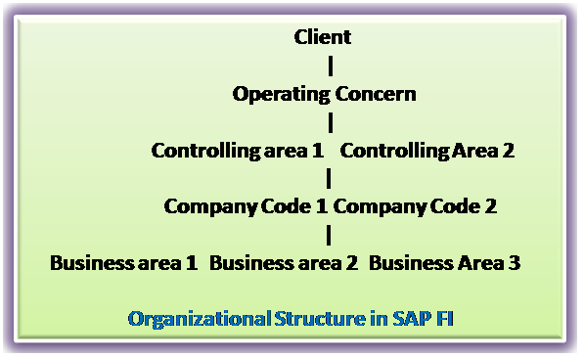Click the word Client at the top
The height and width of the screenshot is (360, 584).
[323, 37]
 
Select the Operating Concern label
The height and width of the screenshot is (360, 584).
[325, 94]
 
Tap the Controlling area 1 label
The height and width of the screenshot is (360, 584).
[239, 151]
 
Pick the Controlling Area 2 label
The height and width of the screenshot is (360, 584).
[427, 151]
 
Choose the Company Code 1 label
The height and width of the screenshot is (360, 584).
[247, 206]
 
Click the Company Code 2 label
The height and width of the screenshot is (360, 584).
[416, 206]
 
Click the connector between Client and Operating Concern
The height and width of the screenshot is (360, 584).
[330, 66]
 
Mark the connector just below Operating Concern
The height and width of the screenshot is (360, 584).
[330, 121]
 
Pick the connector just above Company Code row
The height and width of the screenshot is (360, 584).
[330, 178]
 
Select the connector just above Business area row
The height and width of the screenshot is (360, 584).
[330, 235]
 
